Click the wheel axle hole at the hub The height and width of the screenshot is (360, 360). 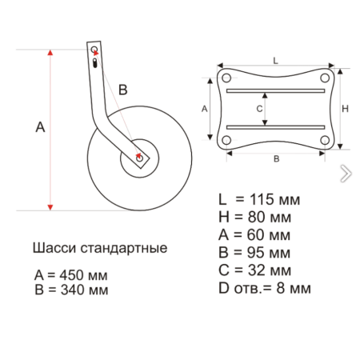[140, 158]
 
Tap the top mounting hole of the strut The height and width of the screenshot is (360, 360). [94, 49]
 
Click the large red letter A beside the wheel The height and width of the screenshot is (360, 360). [40, 126]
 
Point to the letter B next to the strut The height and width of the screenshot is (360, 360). [122, 90]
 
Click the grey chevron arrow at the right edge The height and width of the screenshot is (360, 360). [345, 173]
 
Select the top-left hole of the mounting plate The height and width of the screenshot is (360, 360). [226, 78]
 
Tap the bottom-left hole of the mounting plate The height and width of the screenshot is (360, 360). [226, 140]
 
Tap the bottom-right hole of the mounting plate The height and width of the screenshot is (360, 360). [325, 140]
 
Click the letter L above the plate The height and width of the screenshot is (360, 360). [275, 60]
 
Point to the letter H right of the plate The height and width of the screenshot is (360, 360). [345, 109]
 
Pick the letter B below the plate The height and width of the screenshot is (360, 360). [276, 159]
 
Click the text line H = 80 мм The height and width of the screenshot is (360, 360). [255, 217]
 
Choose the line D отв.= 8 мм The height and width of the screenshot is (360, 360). [264, 286]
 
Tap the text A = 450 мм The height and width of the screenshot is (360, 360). [70, 274]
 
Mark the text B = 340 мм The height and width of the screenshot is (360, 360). [70, 290]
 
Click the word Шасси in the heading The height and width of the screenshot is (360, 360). [53, 248]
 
